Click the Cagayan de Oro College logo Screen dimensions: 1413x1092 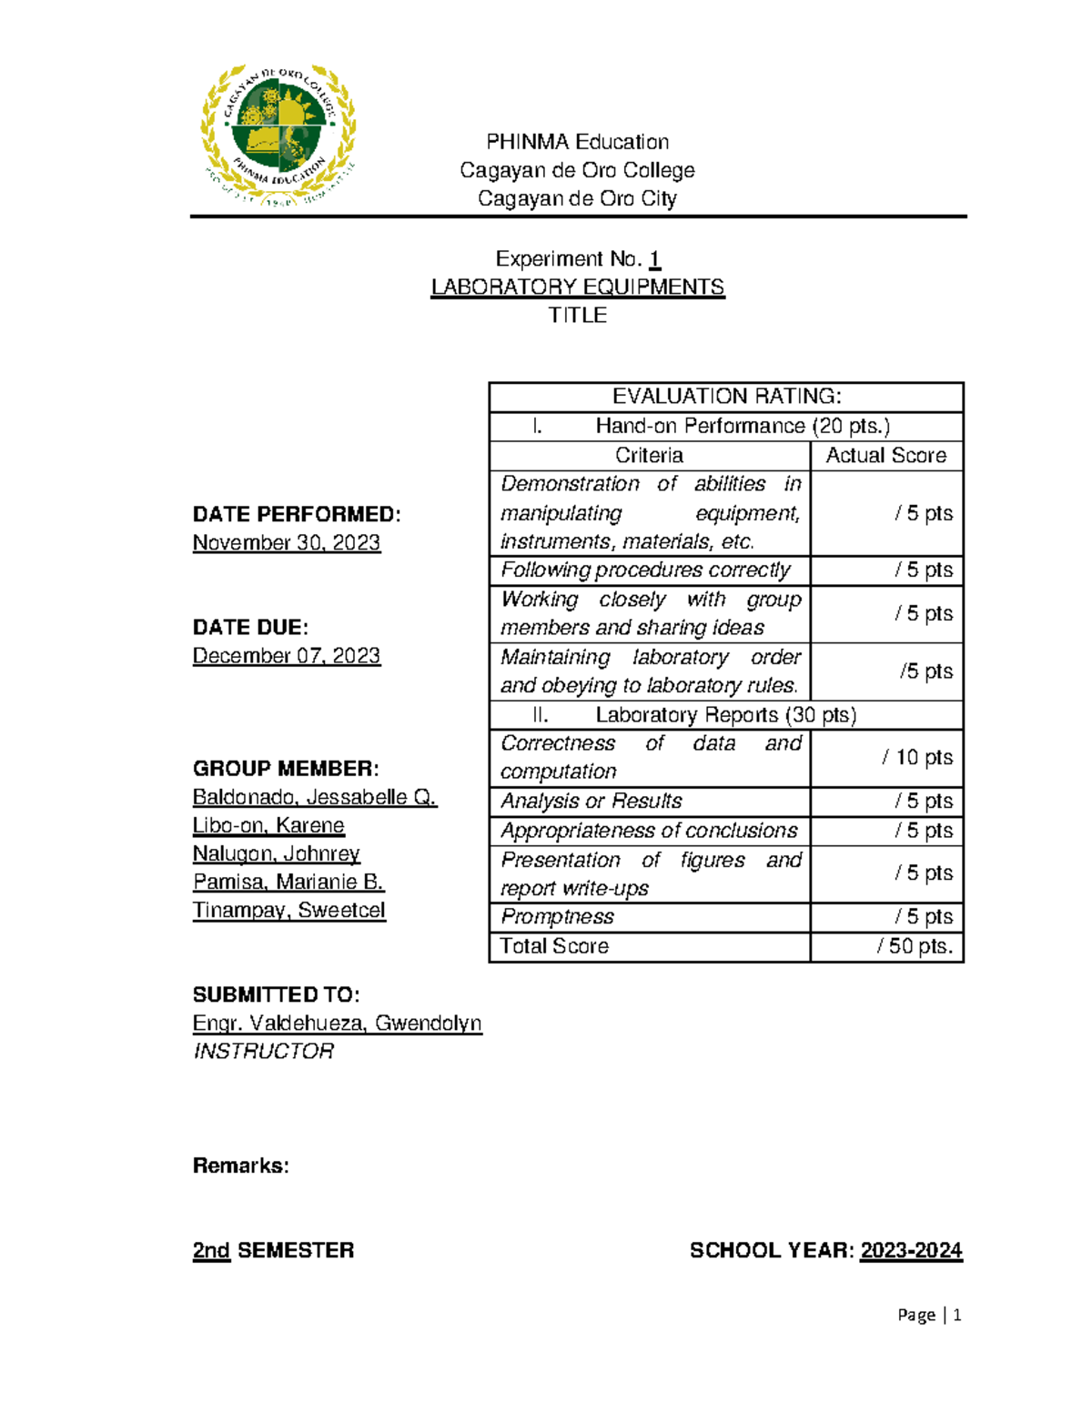[278, 136]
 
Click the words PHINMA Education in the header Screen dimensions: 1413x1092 [577, 142]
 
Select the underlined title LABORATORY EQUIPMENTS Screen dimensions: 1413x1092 [577, 287]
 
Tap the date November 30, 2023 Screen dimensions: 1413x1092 [286, 542]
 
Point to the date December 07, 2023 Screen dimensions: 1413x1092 [286, 655]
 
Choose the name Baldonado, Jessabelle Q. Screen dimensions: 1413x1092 [314, 797]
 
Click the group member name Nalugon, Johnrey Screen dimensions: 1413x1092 [276, 853]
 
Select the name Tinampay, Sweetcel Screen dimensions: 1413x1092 [288, 910]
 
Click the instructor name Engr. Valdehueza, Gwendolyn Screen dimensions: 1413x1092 [337, 1023]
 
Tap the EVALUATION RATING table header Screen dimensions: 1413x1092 [726, 397]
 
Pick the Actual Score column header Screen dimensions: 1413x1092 [885, 455]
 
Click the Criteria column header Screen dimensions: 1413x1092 [649, 455]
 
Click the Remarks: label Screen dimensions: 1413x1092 [240, 1166]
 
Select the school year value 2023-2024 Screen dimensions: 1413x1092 [911, 1250]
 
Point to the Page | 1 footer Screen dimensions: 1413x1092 [929, 1315]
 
